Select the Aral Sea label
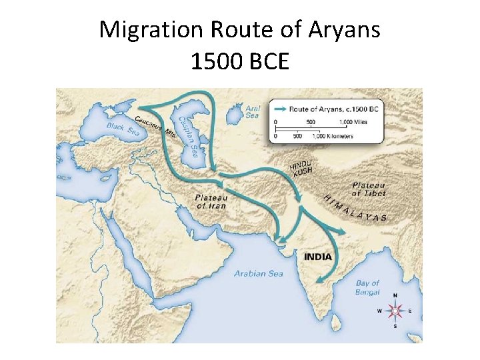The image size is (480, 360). point(253,111)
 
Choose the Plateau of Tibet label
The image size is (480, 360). point(368,189)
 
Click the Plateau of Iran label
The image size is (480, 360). point(211,201)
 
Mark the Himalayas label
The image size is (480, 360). point(355,207)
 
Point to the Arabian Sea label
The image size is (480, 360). point(258,273)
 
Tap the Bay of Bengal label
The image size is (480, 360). point(367,288)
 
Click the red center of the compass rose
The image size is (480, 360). point(395,311)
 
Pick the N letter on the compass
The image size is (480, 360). point(395,295)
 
